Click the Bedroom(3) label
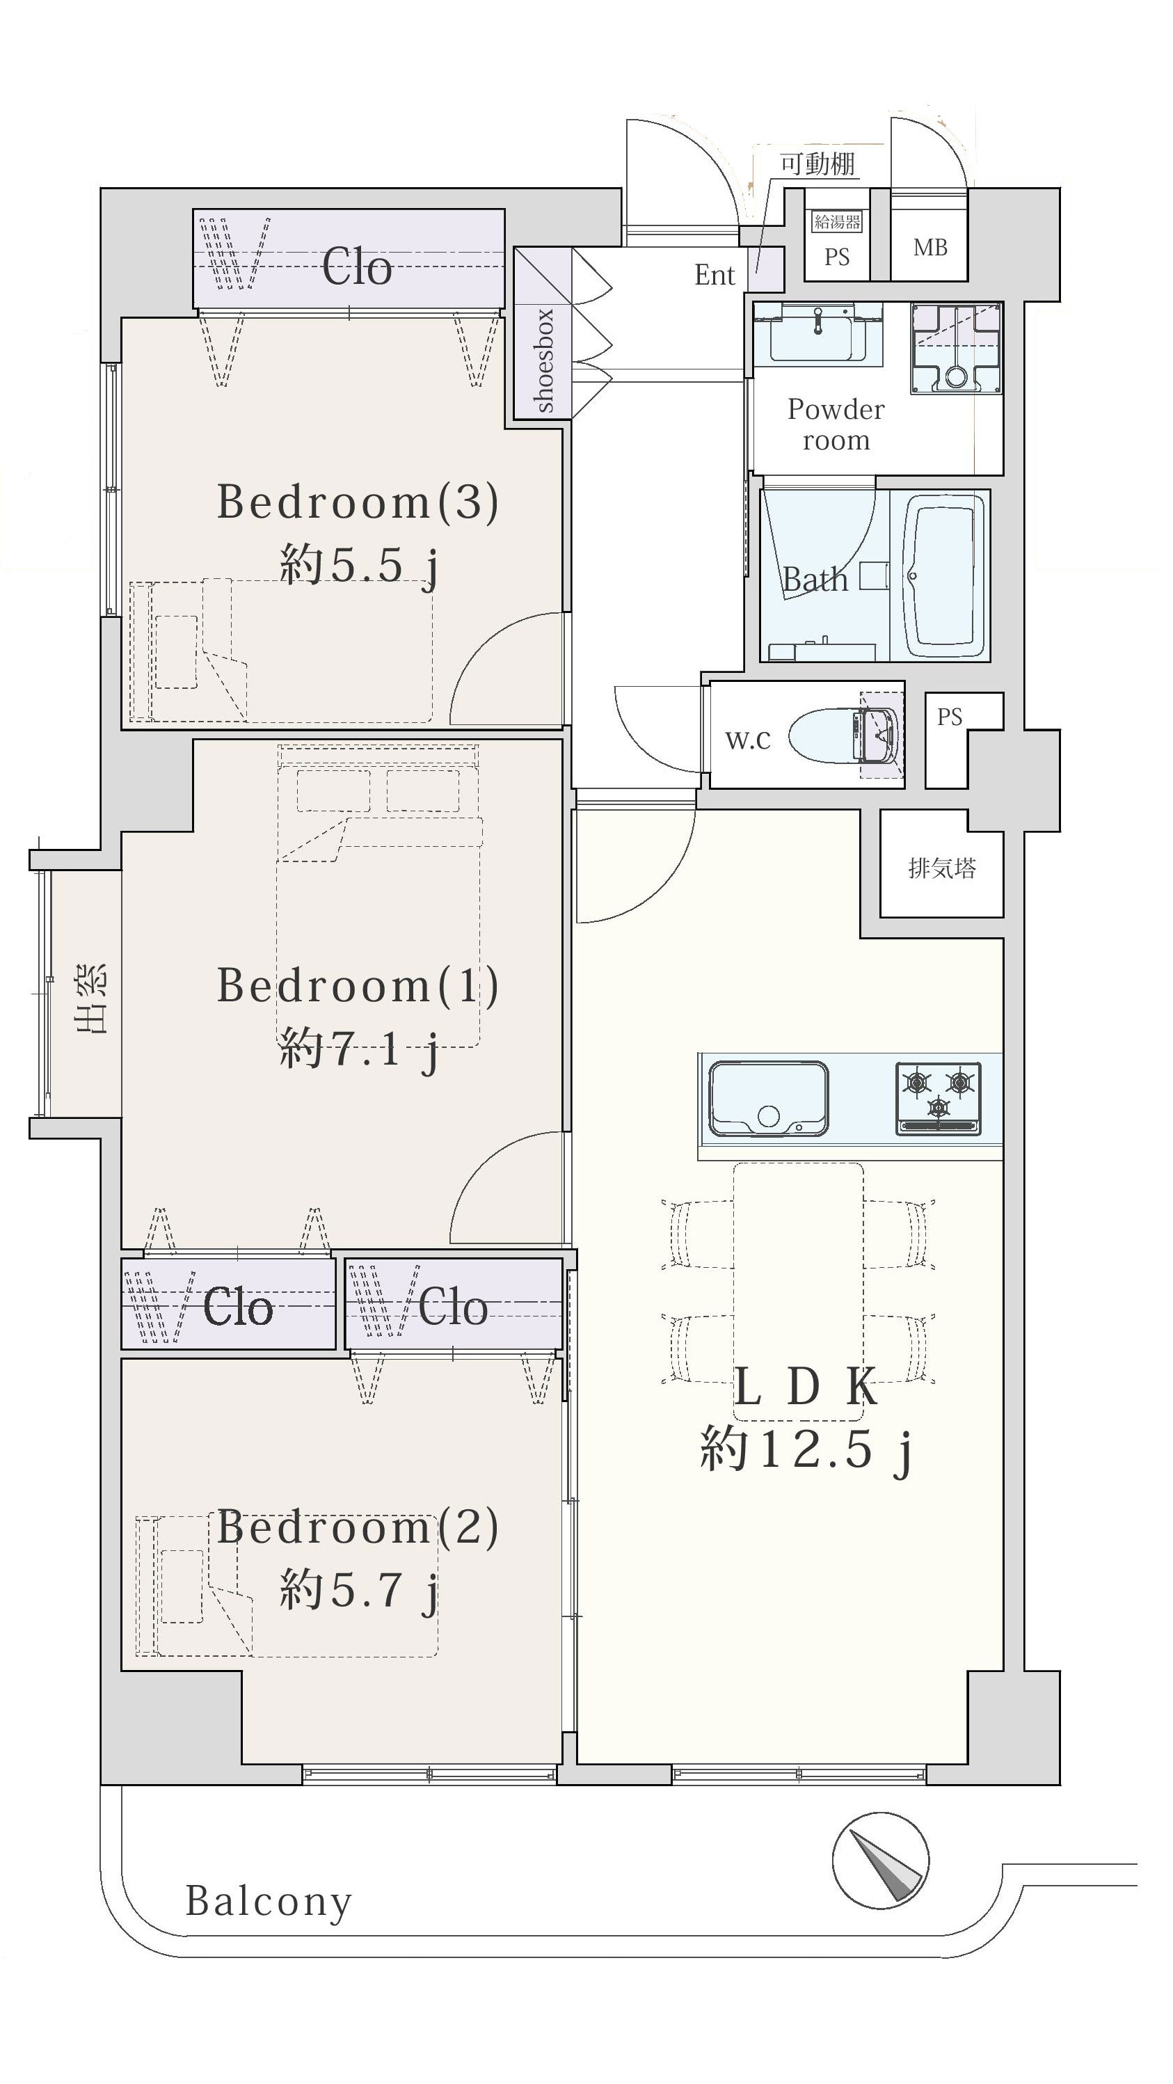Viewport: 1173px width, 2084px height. (358, 502)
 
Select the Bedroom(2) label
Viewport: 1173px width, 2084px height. (358, 1527)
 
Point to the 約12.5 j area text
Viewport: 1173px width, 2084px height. (806, 1449)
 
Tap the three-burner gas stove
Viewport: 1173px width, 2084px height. (939, 1098)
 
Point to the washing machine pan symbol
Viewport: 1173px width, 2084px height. (956, 349)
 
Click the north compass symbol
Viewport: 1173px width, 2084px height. (880, 1860)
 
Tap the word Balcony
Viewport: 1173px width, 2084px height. (269, 1901)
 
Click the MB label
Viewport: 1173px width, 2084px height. (930, 248)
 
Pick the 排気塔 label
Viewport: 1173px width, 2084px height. (941, 868)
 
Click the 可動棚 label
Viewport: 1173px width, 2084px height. (817, 164)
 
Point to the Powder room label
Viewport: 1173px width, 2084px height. (836, 424)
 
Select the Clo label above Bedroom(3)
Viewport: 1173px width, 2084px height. (357, 267)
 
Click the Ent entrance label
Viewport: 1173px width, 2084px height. (715, 275)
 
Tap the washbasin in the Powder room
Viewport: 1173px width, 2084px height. (817, 335)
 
